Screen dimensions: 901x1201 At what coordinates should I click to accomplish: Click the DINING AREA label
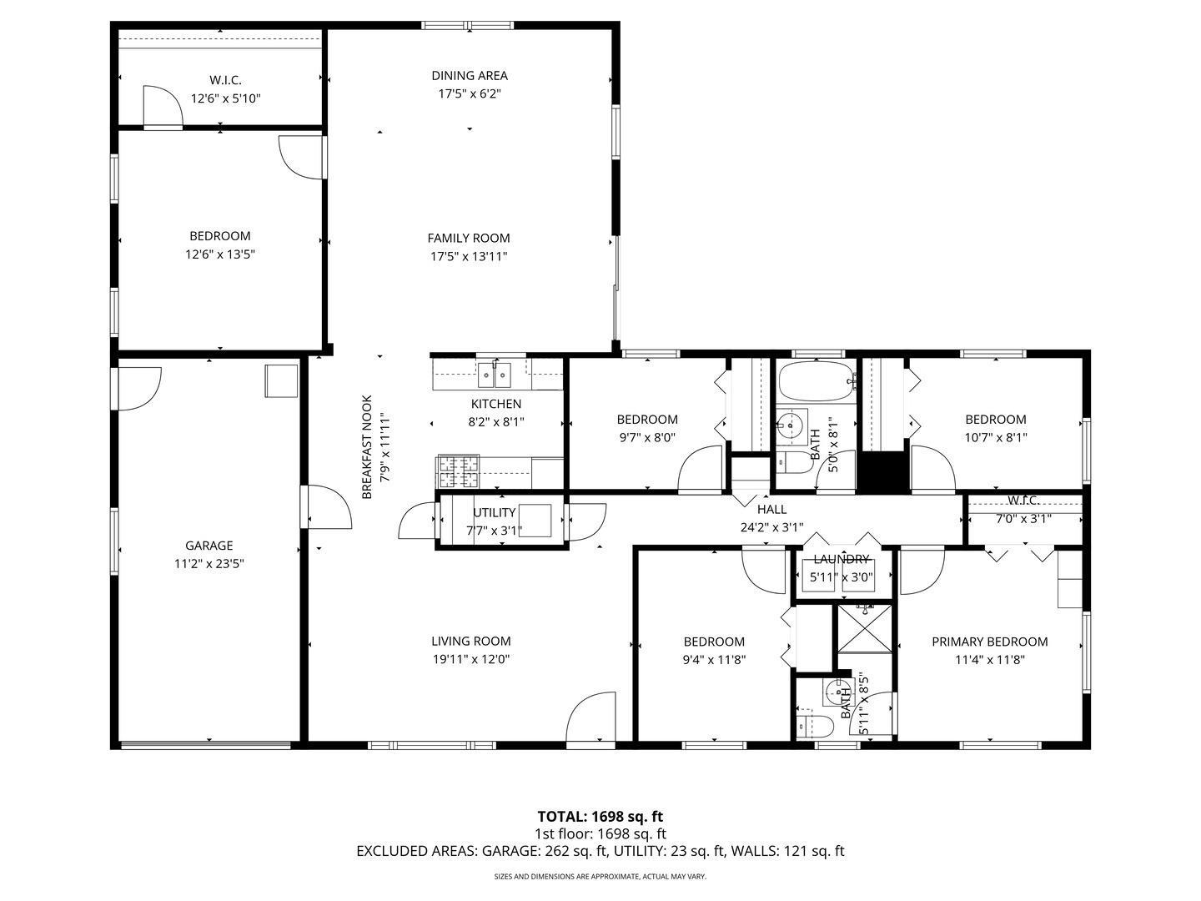coord(469,76)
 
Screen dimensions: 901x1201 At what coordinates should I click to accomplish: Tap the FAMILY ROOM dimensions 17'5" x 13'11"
coord(469,257)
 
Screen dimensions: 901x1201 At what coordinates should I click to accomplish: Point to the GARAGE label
coord(209,546)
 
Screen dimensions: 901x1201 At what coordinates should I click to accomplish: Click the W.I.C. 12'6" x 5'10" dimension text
coord(225,98)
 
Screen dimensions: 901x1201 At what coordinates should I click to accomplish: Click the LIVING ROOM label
coord(470,642)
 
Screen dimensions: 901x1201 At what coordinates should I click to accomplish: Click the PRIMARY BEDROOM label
coord(989,642)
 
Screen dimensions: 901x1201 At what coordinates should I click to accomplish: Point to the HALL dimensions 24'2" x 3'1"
coord(771,527)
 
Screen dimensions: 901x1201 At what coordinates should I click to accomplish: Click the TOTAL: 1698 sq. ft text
coord(600,817)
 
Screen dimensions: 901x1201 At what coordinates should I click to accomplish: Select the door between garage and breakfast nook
coord(327,507)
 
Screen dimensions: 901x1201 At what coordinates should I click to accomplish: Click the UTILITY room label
coord(495,512)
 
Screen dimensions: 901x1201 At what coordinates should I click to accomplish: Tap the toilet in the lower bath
coord(813,726)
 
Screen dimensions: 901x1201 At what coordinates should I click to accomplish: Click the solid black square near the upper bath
coord(883,473)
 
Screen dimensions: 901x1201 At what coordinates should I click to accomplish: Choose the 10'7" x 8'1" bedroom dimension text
coord(995,437)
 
